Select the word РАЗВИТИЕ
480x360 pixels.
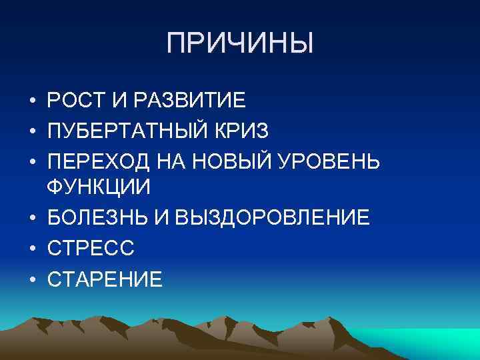point(190,102)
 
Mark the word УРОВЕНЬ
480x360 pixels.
point(337,161)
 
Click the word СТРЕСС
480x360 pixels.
point(91,248)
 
